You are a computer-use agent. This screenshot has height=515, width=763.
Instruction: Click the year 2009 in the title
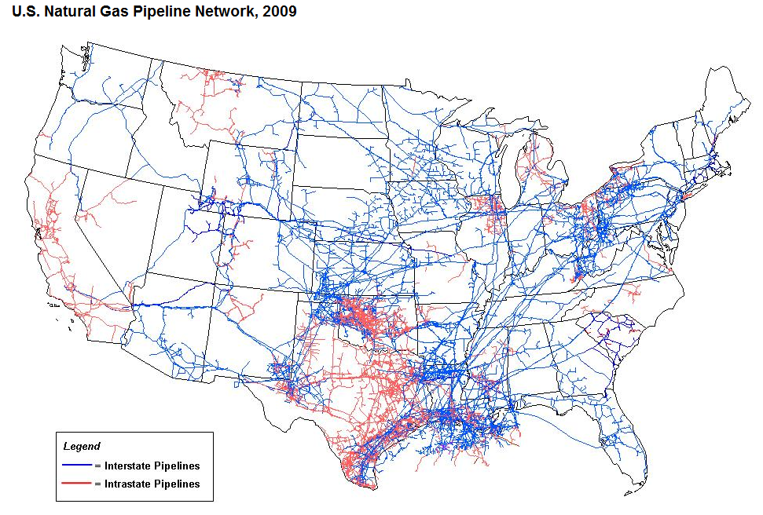pyautogui.click(x=281, y=13)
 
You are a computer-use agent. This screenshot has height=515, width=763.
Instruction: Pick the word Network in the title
pyautogui.click(x=224, y=13)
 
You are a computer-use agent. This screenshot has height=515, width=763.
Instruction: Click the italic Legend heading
pyautogui.click(x=81, y=446)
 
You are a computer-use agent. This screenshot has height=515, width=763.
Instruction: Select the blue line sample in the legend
pyautogui.click(x=77, y=466)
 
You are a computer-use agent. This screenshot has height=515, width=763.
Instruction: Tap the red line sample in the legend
pyautogui.click(x=77, y=484)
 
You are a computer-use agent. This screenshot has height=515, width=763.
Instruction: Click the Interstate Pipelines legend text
pyautogui.click(x=152, y=466)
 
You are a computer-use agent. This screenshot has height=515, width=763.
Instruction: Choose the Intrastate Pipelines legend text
pyautogui.click(x=152, y=484)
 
